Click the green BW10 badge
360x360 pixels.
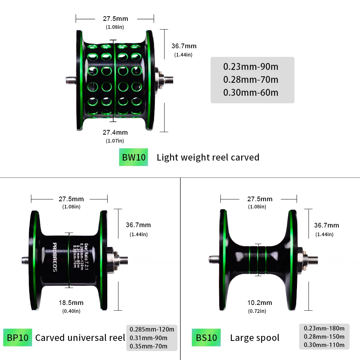tap(133, 157)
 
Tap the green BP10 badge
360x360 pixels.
tap(18, 338)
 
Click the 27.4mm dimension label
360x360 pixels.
tap(115, 132)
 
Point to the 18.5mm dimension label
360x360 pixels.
tap(71, 302)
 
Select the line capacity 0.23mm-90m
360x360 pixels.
tap(251, 67)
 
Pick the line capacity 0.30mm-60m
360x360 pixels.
tap(251, 93)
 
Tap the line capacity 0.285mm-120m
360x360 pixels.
tap(152, 329)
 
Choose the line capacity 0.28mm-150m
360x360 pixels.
tap(324, 337)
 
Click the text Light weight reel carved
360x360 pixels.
tap(208, 157)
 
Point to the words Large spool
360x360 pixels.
tap(255, 338)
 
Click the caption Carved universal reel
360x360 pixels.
tap(80, 338)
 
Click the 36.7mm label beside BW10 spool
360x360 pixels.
tap(184, 46)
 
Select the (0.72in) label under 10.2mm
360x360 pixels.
tap(257, 311)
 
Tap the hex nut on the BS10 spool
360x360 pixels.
tap(305, 258)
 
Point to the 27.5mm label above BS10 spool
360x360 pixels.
tap(260, 199)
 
